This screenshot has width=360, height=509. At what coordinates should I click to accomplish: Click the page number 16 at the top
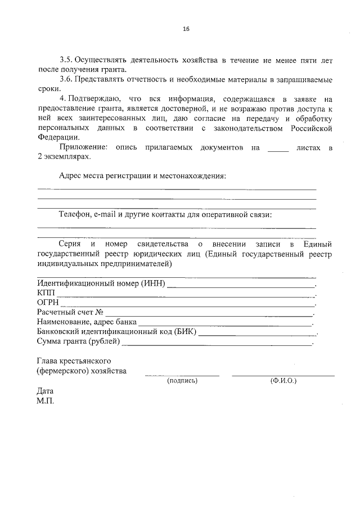[186, 29]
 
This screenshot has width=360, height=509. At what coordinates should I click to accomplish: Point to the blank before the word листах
[278, 149]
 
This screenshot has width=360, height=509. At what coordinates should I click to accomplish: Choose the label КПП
[46, 292]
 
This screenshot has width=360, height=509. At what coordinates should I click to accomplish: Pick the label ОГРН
[48, 303]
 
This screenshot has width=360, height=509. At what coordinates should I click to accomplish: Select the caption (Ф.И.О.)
[283, 381]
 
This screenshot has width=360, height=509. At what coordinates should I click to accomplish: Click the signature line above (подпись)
[182, 375]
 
